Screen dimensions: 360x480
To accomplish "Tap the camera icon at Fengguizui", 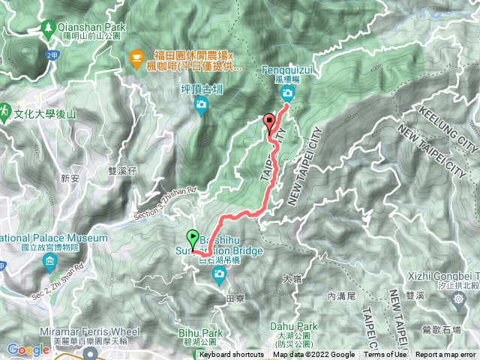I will click(288, 94).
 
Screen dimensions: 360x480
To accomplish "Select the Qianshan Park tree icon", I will click(49, 27).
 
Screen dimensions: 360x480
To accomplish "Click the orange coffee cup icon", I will click(136, 56).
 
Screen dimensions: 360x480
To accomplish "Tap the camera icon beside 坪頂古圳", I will click(200, 105).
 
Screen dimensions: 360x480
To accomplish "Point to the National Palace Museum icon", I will click(50, 262).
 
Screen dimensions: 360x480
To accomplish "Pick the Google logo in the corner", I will click(28, 349).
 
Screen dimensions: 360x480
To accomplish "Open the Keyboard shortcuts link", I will click(232, 355).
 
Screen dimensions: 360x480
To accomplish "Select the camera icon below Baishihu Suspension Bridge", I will click(219, 278).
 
